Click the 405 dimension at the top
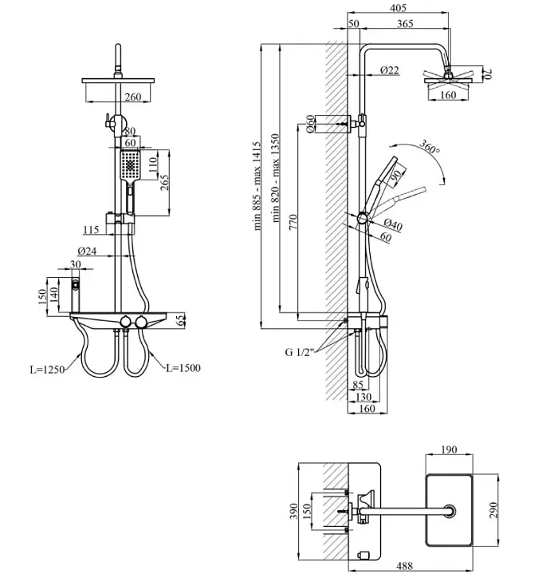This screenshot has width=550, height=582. [398, 7]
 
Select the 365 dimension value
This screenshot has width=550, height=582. [405, 23]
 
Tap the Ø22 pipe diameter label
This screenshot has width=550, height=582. [390, 69]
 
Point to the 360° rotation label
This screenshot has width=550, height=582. [430, 146]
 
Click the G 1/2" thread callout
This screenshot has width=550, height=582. [300, 352]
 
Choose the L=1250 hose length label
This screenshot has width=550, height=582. [47, 370]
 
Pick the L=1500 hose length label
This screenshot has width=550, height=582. [183, 368]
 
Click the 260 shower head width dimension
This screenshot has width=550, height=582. [132, 97]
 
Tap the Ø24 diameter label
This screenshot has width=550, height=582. [87, 251]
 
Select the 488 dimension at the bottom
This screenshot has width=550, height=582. [404, 566]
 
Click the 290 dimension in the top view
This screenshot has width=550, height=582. [493, 510]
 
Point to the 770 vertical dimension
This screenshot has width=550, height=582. [293, 222]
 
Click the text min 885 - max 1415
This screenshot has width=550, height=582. [257, 185]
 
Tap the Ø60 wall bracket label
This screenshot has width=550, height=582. [310, 124]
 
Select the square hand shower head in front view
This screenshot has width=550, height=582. [130, 165]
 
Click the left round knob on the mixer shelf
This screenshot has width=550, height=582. [126, 321]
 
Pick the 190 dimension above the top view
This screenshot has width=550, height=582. [449, 449]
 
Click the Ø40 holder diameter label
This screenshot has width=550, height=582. [393, 225]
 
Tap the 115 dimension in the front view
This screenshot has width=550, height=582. [91, 230]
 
